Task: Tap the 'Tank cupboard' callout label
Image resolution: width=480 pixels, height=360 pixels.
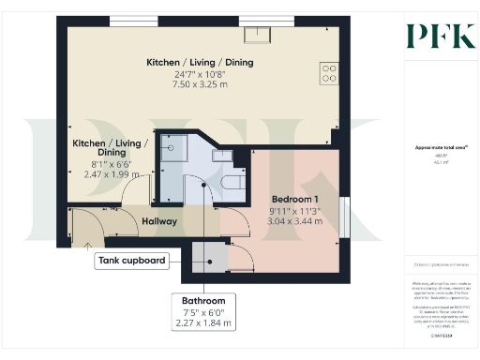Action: point(131,260)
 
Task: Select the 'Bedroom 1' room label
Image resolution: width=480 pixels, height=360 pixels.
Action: point(294,200)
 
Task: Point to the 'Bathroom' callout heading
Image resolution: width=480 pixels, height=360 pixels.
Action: point(203,300)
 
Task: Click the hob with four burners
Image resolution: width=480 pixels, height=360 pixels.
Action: point(329,73)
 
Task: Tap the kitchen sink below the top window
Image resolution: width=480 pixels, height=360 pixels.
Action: point(257,36)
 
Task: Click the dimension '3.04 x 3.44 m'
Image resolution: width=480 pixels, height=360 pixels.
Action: point(294,223)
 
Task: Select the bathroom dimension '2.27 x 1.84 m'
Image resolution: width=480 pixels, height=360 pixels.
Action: point(203,323)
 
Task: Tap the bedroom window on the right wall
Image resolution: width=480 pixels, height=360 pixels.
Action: point(346,217)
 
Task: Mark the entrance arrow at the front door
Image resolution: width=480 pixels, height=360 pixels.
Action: point(88,245)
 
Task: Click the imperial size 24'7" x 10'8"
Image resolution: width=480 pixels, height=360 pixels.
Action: point(200,74)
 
